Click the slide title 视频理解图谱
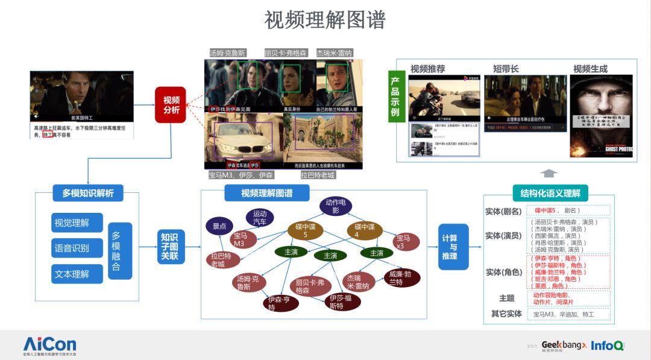325,20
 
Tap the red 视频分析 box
171,105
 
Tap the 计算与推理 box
453,247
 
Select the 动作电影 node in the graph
336,206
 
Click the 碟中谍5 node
304,230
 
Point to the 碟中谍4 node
364,230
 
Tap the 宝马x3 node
403,242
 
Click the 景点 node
219,227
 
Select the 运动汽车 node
260,218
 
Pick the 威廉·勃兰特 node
399,278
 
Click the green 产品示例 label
395,95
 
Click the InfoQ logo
607,346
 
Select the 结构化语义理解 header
550,193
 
